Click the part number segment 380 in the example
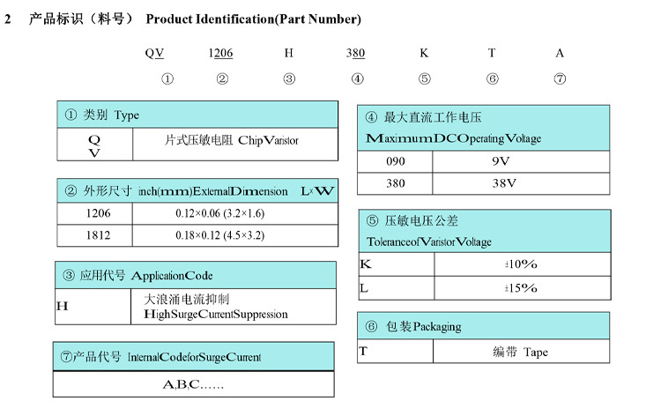click(x=356, y=53)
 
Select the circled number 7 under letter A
click(x=560, y=78)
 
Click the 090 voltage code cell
click(x=397, y=161)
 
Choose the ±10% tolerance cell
click(x=520, y=264)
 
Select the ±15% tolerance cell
click(x=520, y=288)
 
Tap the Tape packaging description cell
click(x=520, y=352)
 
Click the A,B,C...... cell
click(x=194, y=384)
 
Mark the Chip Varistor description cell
click(x=234, y=141)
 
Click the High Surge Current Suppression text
click(x=215, y=314)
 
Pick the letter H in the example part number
click(x=288, y=53)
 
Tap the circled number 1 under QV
click(x=167, y=78)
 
